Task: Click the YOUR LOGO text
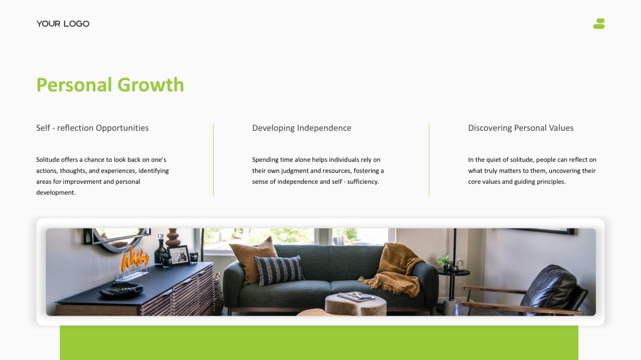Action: click(x=63, y=24)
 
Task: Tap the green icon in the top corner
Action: click(x=599, y=24)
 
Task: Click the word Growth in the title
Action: click(x=150, y=85)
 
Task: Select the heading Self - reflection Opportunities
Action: click(x=92, y=128)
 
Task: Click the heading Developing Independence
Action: click(x=301, y=128)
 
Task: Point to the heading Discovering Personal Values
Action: click(x=521, y=128)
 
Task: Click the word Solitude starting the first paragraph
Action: click(x=47, y=160)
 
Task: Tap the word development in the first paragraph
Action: click(x=56, y=193)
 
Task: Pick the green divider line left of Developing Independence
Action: click(x=214, y=160)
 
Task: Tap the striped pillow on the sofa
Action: click(x=280, y=270)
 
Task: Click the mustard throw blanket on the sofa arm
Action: click(x=394, y=268)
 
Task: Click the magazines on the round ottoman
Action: click(x=356, y=296)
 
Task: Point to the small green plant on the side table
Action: click(x=444, y=261)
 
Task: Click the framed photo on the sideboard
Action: click(x=179, y=255)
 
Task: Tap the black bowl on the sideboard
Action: click(x=121, y=289)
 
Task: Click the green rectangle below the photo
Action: click(x=319, y=343)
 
